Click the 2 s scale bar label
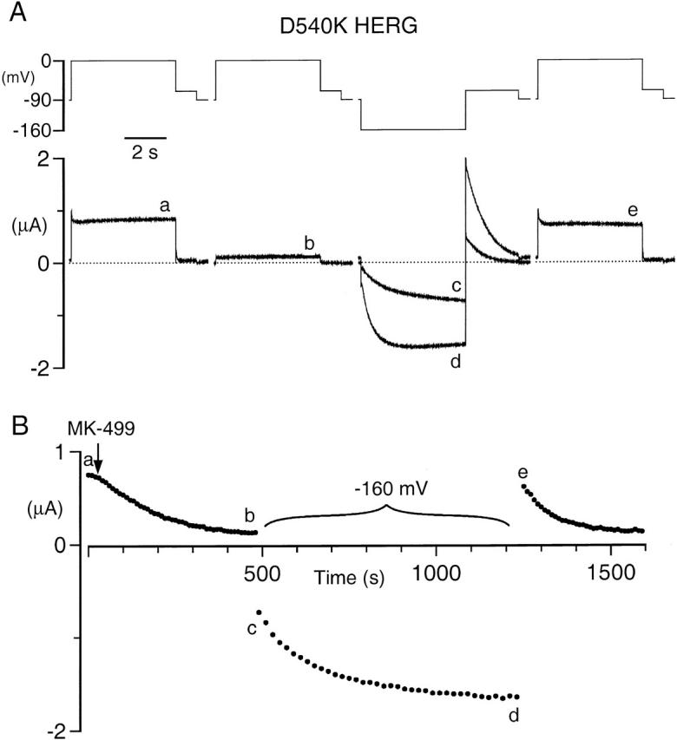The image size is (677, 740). [x=145, y=152]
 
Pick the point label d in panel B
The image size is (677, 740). [x=515, y=715]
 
